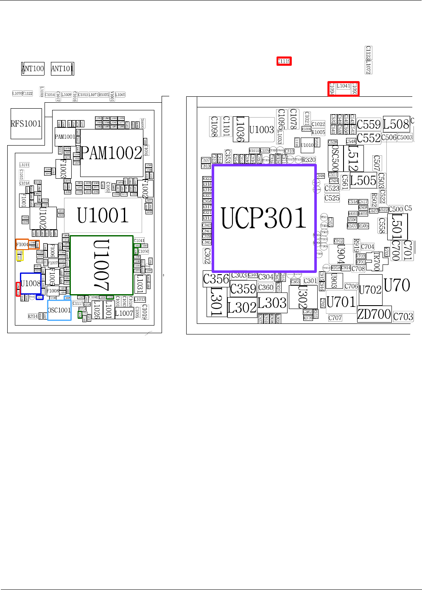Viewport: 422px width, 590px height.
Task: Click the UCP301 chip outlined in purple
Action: pos(264,218)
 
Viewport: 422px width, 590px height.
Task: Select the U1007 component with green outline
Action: pos(101,265)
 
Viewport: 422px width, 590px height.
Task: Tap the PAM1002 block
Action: pos(111,153)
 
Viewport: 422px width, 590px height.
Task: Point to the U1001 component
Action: pos(103,215)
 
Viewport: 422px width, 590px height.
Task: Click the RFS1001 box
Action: pos(26,124)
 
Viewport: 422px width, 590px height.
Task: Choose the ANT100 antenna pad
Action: pos(33,68)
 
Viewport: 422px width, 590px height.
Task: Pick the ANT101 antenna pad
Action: pos(62,68)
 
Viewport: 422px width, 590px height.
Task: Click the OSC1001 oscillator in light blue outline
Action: pos(59,310)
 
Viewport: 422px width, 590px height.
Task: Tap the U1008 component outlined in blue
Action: pos(31,284)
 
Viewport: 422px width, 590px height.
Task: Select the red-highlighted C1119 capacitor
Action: pos(284,61)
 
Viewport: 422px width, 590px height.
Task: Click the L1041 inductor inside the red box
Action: pos(344,86)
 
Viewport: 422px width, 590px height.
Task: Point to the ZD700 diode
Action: pos(374,314)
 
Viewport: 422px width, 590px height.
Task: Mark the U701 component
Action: pos(341,302)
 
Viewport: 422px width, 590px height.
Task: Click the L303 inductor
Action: pos(272,303)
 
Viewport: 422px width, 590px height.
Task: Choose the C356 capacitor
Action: pos(216,279)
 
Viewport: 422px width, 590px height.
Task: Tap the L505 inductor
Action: pos(363,180)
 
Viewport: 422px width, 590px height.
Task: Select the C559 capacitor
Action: pos(369,124)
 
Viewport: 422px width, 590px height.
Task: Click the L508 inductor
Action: pos(396,124)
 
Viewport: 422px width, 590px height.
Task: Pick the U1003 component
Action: pos(261,129)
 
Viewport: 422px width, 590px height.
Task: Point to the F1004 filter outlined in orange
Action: pos(22,244)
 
